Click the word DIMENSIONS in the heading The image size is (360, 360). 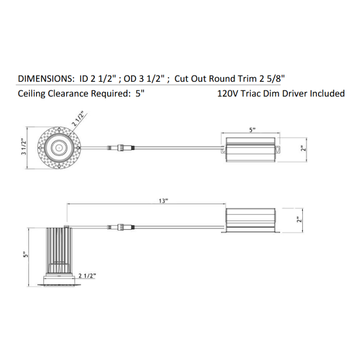coord(45,79)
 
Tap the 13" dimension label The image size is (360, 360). coord(163,201)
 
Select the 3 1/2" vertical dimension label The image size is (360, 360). coord(24,147)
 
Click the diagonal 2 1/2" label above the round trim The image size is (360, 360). coord(78,119)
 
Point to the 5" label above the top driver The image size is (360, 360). coord(252,130)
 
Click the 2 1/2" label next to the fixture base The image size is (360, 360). coord(87,275)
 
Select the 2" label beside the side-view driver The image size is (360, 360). coord(299,220)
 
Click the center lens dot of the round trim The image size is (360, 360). coord(58,148)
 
